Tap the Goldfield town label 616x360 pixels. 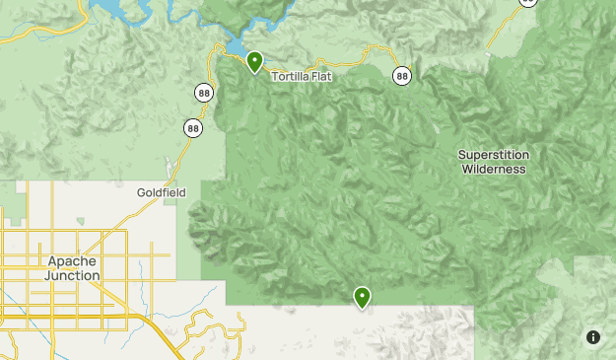click(161, 192)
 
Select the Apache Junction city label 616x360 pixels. click(73, 268)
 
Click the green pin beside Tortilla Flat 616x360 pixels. click(254, 61)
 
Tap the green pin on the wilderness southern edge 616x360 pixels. click(363, 296)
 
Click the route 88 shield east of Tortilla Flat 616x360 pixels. click(401, 75)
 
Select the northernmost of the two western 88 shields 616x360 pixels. click(203, 93)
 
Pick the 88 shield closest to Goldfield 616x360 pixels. click(192, 127)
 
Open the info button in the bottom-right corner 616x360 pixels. click(592, 337)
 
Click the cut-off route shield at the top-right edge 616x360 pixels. click(528, 3)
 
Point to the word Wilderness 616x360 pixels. click(494, 169)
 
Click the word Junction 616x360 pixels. click(73, 275)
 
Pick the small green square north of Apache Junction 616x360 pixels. click(81, 221)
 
